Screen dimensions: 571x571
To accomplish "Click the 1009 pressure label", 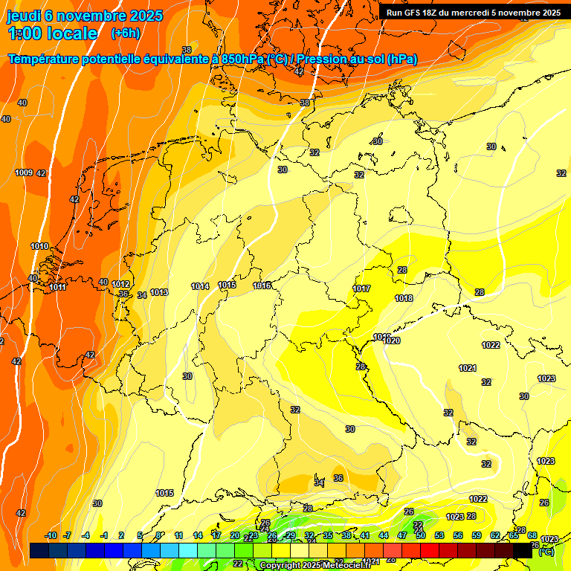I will tap(24, 172).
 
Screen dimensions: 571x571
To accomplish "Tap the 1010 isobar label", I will tap(39, 246).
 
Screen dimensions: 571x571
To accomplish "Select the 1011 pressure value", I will tap(57, 287).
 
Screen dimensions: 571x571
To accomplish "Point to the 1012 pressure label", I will tap(120, 284).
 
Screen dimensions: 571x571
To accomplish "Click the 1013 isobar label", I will tap(158, 292).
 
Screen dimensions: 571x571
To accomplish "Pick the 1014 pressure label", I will tap(200, 286).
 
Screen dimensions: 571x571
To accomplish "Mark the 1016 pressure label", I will tap(262, 285).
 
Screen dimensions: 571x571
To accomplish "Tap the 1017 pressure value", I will tap(361, 288).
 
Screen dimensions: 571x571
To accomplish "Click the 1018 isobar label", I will tap(404, 298).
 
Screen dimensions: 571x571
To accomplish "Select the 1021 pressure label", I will tap(467, 368).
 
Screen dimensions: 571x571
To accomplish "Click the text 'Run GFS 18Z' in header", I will tap(413, 13).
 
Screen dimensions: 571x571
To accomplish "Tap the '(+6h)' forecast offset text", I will tap(125, 33).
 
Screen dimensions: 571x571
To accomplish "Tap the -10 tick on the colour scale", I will tap(51, 535).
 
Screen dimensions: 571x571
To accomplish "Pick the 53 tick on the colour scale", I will tap(439, 535).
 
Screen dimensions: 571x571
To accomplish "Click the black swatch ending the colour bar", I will tap(523, 551).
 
